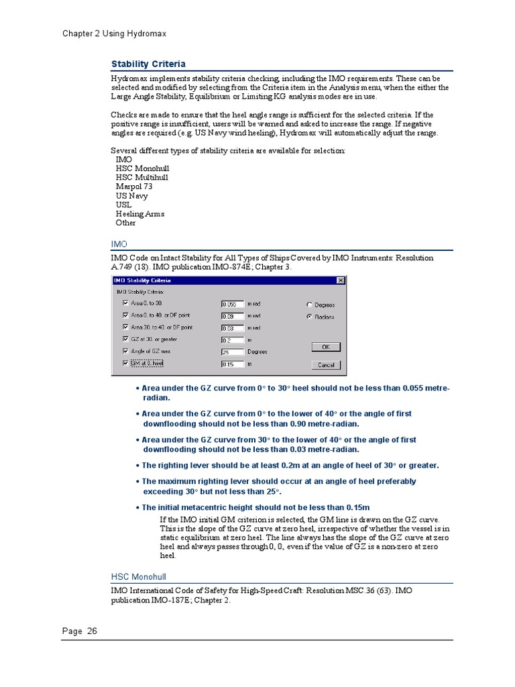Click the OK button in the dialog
326,347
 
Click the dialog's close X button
340,280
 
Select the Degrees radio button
309,304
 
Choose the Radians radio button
309,316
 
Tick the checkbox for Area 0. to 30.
125,303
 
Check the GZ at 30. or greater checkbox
125,339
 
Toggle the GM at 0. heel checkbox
125,363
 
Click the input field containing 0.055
233,304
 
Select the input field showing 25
233,352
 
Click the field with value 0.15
233,364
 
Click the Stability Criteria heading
148,64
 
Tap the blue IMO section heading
119,244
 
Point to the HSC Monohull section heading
138,576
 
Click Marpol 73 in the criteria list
134,187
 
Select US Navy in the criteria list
131,196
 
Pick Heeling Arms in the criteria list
139,214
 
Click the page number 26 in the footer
91,631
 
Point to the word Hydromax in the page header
146,34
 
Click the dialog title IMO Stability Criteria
143,280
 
